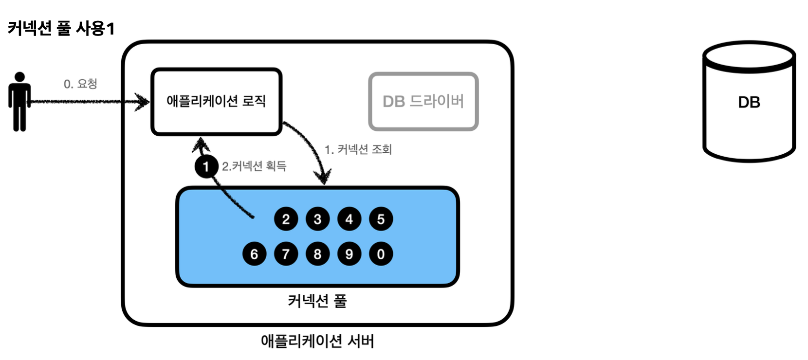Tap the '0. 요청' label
pos(80,84)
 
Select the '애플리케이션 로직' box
pos(216,101)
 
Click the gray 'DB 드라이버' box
pos(423,101)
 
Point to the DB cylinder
pos(749,102)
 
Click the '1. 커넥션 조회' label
pos(358,149)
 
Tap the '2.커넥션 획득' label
pos(254,166)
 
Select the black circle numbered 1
pos(206,167)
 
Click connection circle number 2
pos(286,219)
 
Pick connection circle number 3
pos(317,219)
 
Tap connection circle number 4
pos(349,219)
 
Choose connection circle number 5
pos(381,219)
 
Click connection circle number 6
pos(254,253)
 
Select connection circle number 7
pos(286,253)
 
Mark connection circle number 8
pos(317,253)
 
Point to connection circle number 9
pos(349,253)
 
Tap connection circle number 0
pos(381,253)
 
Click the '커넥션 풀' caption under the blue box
pos(317,301)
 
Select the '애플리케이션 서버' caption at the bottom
pos(317,341)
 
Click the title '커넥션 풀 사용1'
pos(61,28)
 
